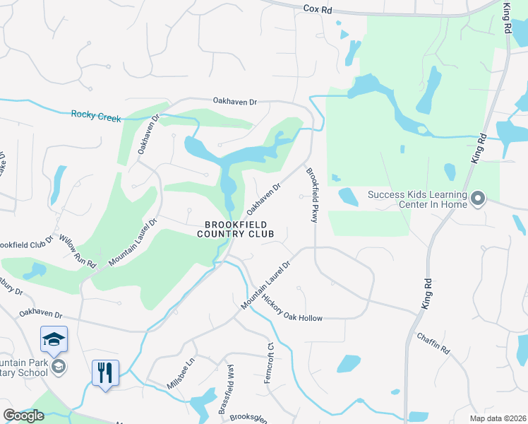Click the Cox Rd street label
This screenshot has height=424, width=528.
[x=317, y=11]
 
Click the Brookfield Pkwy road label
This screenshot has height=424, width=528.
[x=311, y=194]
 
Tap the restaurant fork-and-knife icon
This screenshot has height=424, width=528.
[x=106, y=372]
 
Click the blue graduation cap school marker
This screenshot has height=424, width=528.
[x=54, y=340]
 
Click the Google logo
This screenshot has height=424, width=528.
[x=23, y=416]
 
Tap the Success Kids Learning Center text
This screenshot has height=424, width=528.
[x=417, y=200]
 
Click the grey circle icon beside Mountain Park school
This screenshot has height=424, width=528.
[x=59, y=366]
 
